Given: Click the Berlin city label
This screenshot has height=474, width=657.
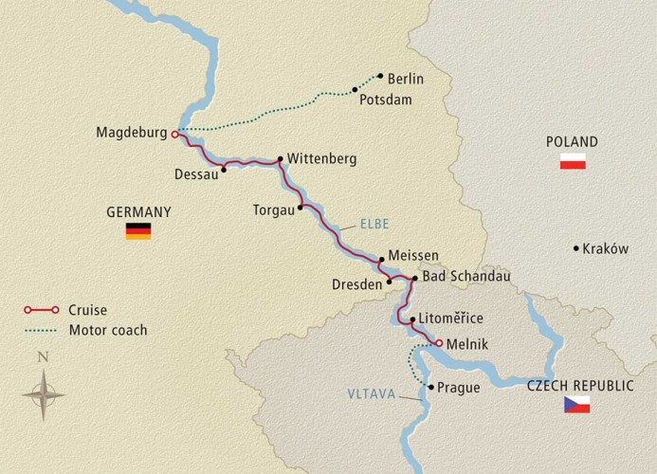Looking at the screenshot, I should tap(405, 79).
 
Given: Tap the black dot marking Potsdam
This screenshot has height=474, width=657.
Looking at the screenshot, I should tap(356, 90).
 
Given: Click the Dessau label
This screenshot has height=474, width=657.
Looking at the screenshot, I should tap(195, 173).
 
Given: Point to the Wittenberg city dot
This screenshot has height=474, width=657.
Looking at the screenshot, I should tap(281, 159).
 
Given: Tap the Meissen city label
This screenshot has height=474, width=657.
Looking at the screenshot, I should tap(413, 257).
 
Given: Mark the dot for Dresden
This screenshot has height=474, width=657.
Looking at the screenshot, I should tap(390, 282).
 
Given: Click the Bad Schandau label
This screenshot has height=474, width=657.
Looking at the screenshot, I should tap(466, 277).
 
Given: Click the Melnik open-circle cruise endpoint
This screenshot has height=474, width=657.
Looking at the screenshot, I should tap(439, 343).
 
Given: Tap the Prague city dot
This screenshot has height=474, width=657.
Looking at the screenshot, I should tap(430, 388).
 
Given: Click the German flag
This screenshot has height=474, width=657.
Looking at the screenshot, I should tap(138, 230).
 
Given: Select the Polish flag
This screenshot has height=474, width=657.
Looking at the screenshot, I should tap(573, 161).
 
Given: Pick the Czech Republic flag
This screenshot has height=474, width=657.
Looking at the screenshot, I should tap(576, 405).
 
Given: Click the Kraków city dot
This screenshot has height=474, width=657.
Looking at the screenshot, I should tap(575, 248).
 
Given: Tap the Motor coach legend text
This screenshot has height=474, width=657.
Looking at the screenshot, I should tap(107, 331).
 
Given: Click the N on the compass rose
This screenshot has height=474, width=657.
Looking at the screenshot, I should tap(42, 357).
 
